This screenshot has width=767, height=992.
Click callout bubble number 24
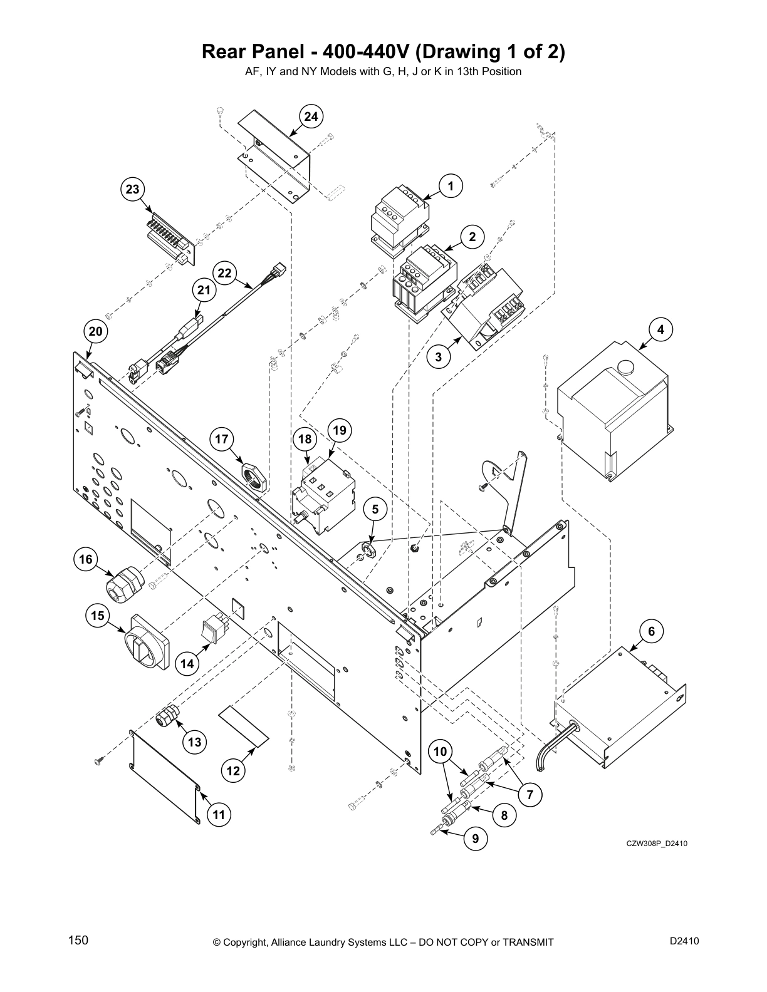(x=311, y=116)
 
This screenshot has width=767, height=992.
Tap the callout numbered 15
(x=98, y=616)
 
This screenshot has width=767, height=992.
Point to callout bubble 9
(x=476, y=839)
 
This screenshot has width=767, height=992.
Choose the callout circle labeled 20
(x=95, y=331)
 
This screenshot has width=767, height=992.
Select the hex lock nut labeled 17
(x=254, y=475)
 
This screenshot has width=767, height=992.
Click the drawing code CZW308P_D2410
(x=657, y=844)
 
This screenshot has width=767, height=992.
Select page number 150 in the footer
(x=78, y=940)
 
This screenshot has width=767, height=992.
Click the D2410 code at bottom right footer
(x=684, y=940)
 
